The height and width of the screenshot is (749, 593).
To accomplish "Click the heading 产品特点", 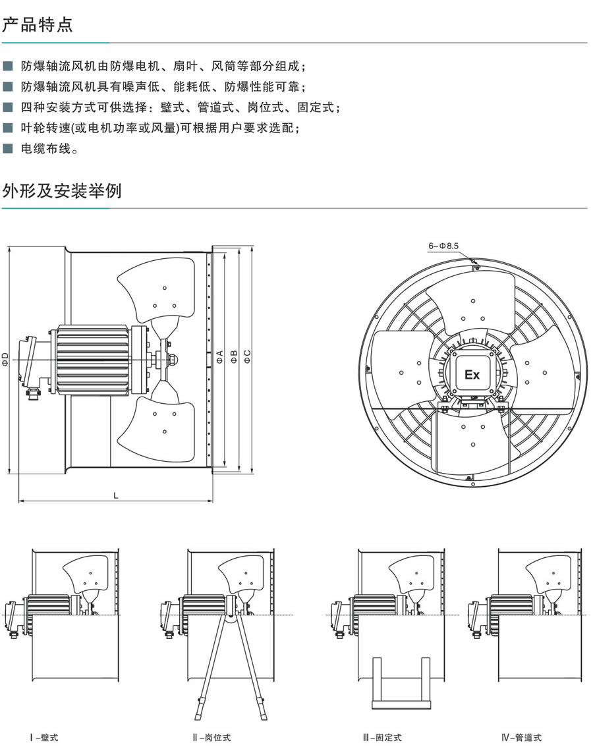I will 38,25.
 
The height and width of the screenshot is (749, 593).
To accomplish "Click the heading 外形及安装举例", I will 62,191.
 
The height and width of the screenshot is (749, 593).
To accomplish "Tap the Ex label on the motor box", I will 472,375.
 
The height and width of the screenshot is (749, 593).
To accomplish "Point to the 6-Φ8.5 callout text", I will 443,246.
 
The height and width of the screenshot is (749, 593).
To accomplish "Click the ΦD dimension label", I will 5,360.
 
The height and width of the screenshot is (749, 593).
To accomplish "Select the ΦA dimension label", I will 219,356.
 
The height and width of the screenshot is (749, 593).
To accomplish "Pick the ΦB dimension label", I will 233,356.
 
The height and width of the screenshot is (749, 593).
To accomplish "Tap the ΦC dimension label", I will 247,356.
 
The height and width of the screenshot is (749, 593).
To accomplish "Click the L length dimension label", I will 116,495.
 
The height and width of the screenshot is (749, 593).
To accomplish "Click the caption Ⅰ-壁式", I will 43,738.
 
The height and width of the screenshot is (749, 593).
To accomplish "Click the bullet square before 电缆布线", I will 7,150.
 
